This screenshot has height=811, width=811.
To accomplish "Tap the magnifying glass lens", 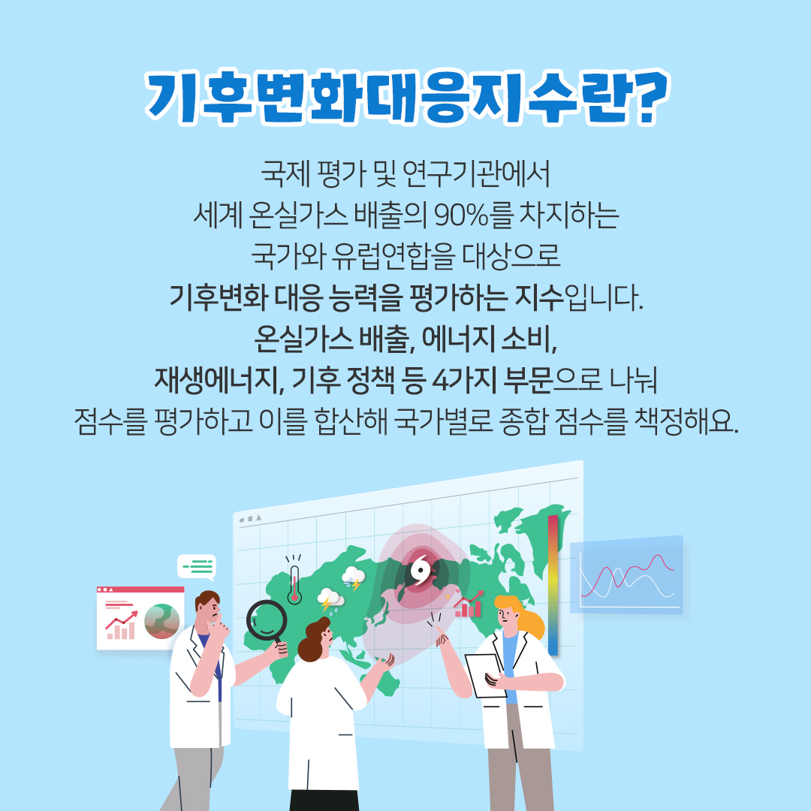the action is point(267,620).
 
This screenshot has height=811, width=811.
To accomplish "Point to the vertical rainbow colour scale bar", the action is point(553,585).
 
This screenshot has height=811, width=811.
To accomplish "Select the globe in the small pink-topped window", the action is point(162,621).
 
